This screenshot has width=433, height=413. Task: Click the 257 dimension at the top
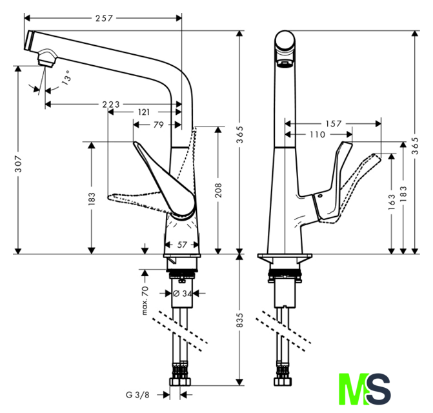(104, 18)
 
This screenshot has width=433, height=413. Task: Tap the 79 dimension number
(157, 125)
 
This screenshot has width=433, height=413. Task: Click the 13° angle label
(66, 79)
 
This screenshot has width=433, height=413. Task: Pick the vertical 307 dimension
(19, 164)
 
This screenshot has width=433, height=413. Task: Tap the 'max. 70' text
(146, 300)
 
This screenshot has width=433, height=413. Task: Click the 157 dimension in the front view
(333, 123)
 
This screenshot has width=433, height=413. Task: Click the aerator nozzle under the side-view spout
(45, 60)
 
